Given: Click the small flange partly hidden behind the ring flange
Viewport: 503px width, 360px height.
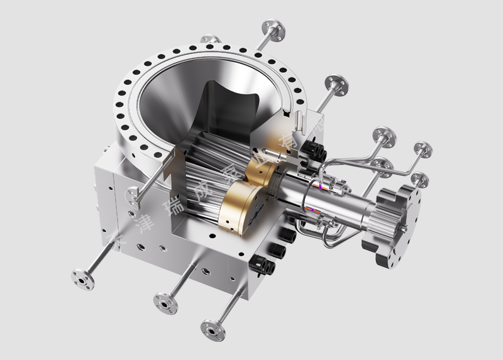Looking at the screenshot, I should tap(211, 40).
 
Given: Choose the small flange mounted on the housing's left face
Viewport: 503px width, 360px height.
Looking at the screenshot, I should tap(133, 196).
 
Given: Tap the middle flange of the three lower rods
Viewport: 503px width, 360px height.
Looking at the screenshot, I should tap(163, 304).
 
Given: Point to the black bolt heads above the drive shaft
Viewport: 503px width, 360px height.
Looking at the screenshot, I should tap(312, 149).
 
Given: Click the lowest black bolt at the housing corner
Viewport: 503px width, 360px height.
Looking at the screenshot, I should tap(267, 269).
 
